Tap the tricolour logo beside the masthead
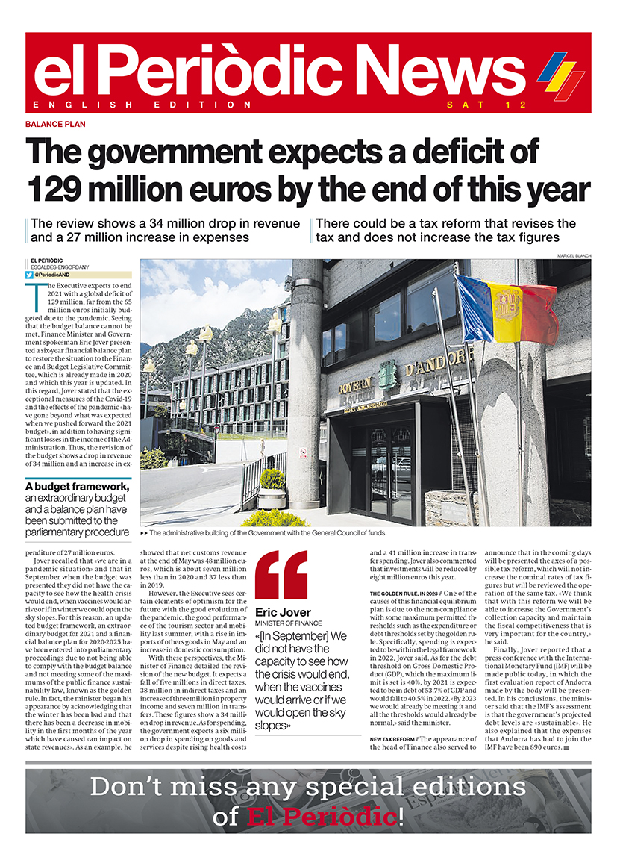[x=560, y=75]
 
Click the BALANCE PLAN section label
[x=55, y=125]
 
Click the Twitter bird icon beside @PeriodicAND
[x=31, y=275]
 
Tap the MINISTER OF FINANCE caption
[x=287, y=623]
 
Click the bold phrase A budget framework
[x=77, y=487]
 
